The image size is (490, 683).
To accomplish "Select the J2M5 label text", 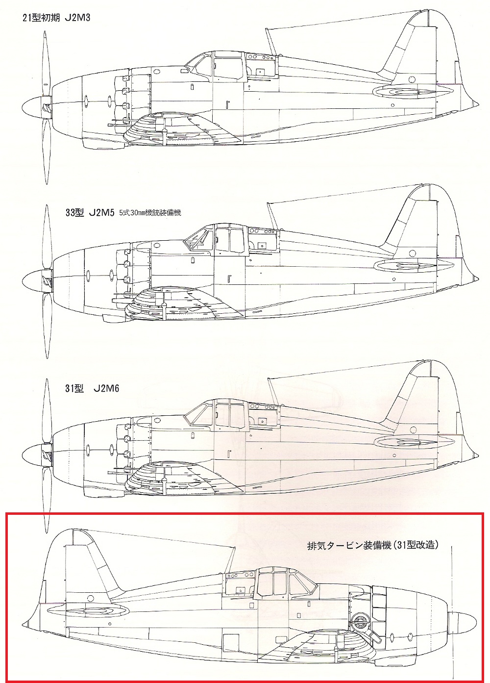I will (x=101, y=213).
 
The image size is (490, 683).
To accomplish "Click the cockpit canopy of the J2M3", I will (x=216, y=66).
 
